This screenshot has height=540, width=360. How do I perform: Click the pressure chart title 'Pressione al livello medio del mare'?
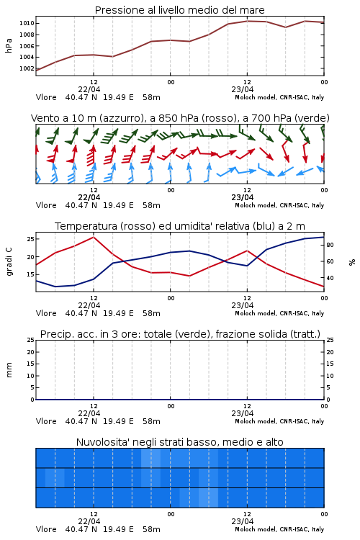click(179, 10)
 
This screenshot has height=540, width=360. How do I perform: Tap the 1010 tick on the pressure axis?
click(27, 24)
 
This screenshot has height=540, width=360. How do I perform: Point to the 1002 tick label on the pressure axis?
click(27, 68)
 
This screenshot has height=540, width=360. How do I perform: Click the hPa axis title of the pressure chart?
click(9, 45)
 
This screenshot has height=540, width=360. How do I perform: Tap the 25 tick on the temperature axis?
click(30, 238)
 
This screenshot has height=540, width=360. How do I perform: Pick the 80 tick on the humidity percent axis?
click(330, 245)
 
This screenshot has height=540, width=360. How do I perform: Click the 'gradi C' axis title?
click(9, 261)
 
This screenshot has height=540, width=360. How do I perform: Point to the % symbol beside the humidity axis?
click(352, 262)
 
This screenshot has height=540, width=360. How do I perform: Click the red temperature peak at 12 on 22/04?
click(94, 237)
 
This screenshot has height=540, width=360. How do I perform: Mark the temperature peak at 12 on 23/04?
click(247, 251)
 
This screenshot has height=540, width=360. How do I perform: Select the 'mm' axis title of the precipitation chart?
click(9, 369)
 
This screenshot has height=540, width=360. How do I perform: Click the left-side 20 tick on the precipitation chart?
click(31, 352)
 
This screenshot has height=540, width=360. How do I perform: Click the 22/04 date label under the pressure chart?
click(89, 89)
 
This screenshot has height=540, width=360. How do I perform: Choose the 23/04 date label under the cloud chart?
click(242, 521)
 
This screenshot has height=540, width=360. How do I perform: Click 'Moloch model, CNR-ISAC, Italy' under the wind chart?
click(279, 205)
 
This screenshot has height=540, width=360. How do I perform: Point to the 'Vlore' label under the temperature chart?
click(46, 313)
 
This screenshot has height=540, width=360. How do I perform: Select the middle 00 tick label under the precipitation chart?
click(171, 406)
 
